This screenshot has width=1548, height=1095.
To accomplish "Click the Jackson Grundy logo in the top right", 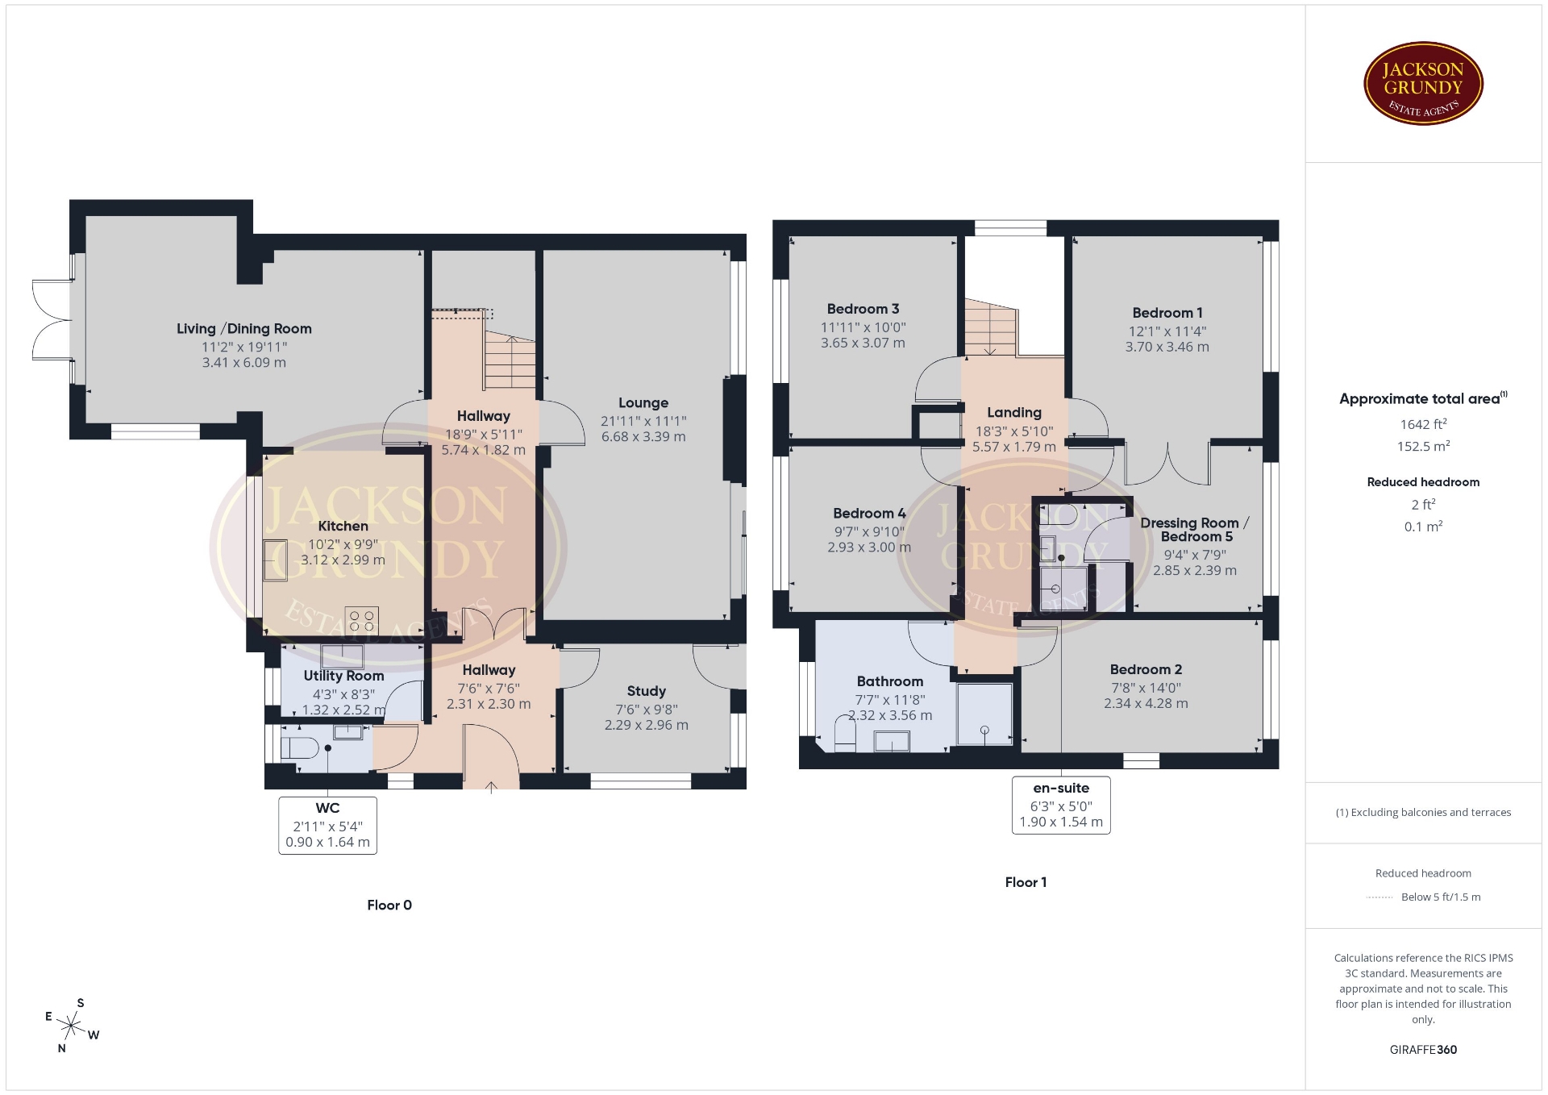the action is pyautogui.click(x=1423, y=84).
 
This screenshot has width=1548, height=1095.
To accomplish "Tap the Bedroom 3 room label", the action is pyautogui.click(x=863, y=309).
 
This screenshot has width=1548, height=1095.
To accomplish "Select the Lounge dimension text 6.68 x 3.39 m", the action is pyautogui.click(x=643, y=437).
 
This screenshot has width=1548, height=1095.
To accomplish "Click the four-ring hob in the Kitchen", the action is pyautogui.click(x=362, y=620).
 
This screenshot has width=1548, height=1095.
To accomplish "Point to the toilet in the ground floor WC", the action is pyautogui.click(x=301, y=747).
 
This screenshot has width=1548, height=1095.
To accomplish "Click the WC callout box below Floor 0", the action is pyautogui.click(x=327, y=825).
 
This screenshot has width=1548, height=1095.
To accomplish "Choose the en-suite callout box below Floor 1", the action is pyautogui.click(x=1061, y=805).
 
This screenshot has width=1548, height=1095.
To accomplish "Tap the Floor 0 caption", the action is pyautogui.click(x=389, y=905).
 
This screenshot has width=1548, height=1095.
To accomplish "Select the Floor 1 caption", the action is pyautogui.click(x=1026, y=882).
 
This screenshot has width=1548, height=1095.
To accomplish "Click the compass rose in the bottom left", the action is pyautogui.click(x=71, y=1026).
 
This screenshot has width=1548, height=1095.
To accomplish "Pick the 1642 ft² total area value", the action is pyautogui.click(x=1423, y=424).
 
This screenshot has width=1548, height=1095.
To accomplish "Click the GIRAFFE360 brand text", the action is pyautogui.click(x=1423, y=1050).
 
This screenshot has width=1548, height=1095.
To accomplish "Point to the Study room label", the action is pyautogui.click(x=647, y=691).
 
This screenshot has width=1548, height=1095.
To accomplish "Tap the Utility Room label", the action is pyautogui.click(x=343, y=676).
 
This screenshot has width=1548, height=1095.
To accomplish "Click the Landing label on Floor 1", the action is pyautogui.click(x=1014, y=412).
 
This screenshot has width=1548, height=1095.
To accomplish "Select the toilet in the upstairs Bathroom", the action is pyautogui.click(x=845, y=735).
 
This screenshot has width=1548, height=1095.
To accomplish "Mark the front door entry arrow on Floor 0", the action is pyautogui.click(x=491, y=787).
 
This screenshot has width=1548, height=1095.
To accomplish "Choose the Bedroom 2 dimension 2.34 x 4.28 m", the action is pyautogui.click(x=1146, y=703).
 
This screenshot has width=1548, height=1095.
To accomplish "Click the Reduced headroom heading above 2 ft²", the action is pyautogui.click(x=1423, y=482).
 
